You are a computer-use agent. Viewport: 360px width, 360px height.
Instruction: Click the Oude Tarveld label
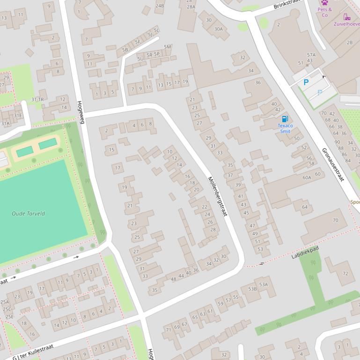pyautogui.click(x=28, y=214)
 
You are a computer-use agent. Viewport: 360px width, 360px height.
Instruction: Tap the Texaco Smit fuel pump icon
pyautogui.click(x=285, y=118)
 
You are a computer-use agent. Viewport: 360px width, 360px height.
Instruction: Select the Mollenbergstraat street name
pyautogui.click(x=217, y=196)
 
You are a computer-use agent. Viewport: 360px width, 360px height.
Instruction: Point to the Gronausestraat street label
pyautogui.click(x=333, y=165)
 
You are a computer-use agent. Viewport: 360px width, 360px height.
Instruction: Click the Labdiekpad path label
pyautogui.click(x=305, y=253)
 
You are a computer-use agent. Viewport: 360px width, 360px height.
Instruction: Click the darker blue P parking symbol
pyautogui.click(x=306, y=82)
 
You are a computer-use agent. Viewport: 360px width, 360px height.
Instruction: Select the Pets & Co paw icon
pyautogui.click(x=324, y=2)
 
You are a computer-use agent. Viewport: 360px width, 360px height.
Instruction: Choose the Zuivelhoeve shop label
pyautogui.click(x=346, y=23)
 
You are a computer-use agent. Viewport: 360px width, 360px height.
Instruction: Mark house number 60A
pyautogui.click(x=307, y=178)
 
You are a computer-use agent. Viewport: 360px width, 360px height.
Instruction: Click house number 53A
pyautogui.click(x=264, y=284)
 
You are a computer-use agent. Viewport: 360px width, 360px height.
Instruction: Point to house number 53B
pyautogui.click(x=252, y=289)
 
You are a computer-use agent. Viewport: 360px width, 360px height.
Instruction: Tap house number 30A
pyautogui.click(x=219, y=29)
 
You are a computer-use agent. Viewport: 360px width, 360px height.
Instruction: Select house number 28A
pyautogui.click(x=191, y=7)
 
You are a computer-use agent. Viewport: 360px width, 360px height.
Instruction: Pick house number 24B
pyautogui.click(x=160, y=6)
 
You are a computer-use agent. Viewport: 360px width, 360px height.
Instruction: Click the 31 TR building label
pyautogui.click(x=37, y=100)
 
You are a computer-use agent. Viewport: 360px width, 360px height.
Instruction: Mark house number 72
pyautogui.click(x=345, y=274)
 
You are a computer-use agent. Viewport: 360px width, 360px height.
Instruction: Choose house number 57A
pyautogui.click(x=311, y=55)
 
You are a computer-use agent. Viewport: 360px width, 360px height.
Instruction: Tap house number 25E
pyautogui.click(x=9, y=316)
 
